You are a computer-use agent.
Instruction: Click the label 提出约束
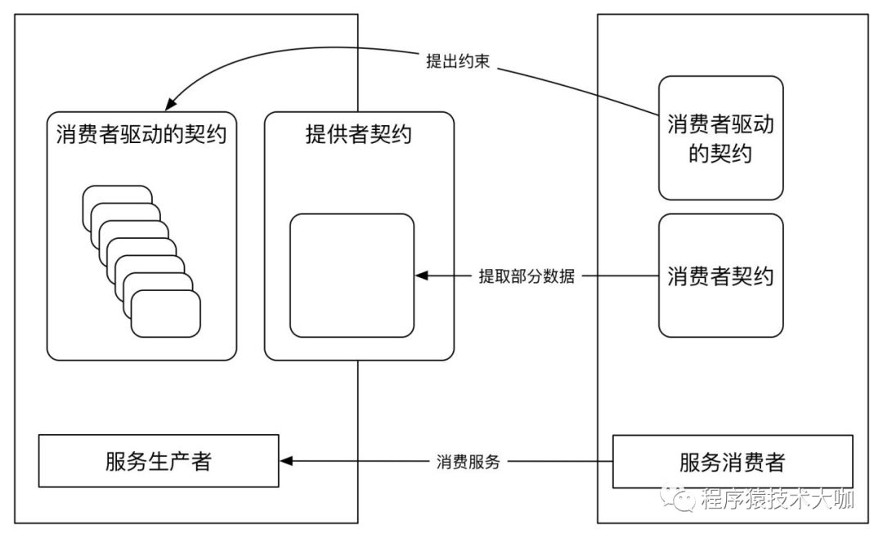458,61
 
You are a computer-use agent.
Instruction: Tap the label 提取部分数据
527,276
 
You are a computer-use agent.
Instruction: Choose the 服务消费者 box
732,461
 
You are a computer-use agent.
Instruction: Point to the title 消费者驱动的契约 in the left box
141,134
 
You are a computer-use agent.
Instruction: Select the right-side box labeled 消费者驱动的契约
720,137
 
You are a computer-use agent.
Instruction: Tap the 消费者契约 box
720,276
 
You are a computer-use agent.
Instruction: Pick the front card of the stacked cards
165,313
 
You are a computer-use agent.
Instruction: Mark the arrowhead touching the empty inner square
422,276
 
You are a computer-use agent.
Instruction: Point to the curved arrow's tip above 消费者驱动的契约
171,105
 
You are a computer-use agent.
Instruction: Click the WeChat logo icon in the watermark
680,498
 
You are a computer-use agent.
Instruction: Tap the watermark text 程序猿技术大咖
777,499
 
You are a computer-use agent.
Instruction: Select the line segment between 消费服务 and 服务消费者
563,462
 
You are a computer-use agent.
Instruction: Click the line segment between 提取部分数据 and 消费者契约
620,276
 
